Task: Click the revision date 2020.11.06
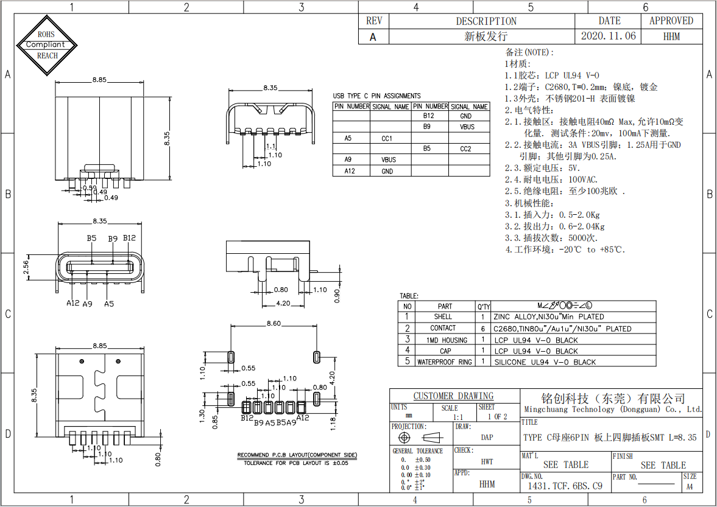[x=609, y=37]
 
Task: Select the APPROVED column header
[x=671, y=21]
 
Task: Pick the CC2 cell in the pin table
[x=466, y=149]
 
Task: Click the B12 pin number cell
[x=429, y=116]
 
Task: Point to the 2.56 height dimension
[x=26, y=268]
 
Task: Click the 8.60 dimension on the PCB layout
[x=274, y=323]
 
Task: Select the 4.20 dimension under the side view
[x=283, y=302]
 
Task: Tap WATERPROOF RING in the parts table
[x=444, y=362]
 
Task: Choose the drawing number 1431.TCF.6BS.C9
[x=565, y=486]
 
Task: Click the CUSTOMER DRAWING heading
[x=453, y=396]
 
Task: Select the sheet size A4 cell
[x=690, y=486]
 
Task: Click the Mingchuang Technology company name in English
[x=612, y=410]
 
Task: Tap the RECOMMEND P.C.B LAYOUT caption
[x=297, y=455]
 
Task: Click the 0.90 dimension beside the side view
[x=337, y=295]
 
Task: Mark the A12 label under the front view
[x=72, y=303]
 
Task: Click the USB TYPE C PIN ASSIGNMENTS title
[x=376, y=96]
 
